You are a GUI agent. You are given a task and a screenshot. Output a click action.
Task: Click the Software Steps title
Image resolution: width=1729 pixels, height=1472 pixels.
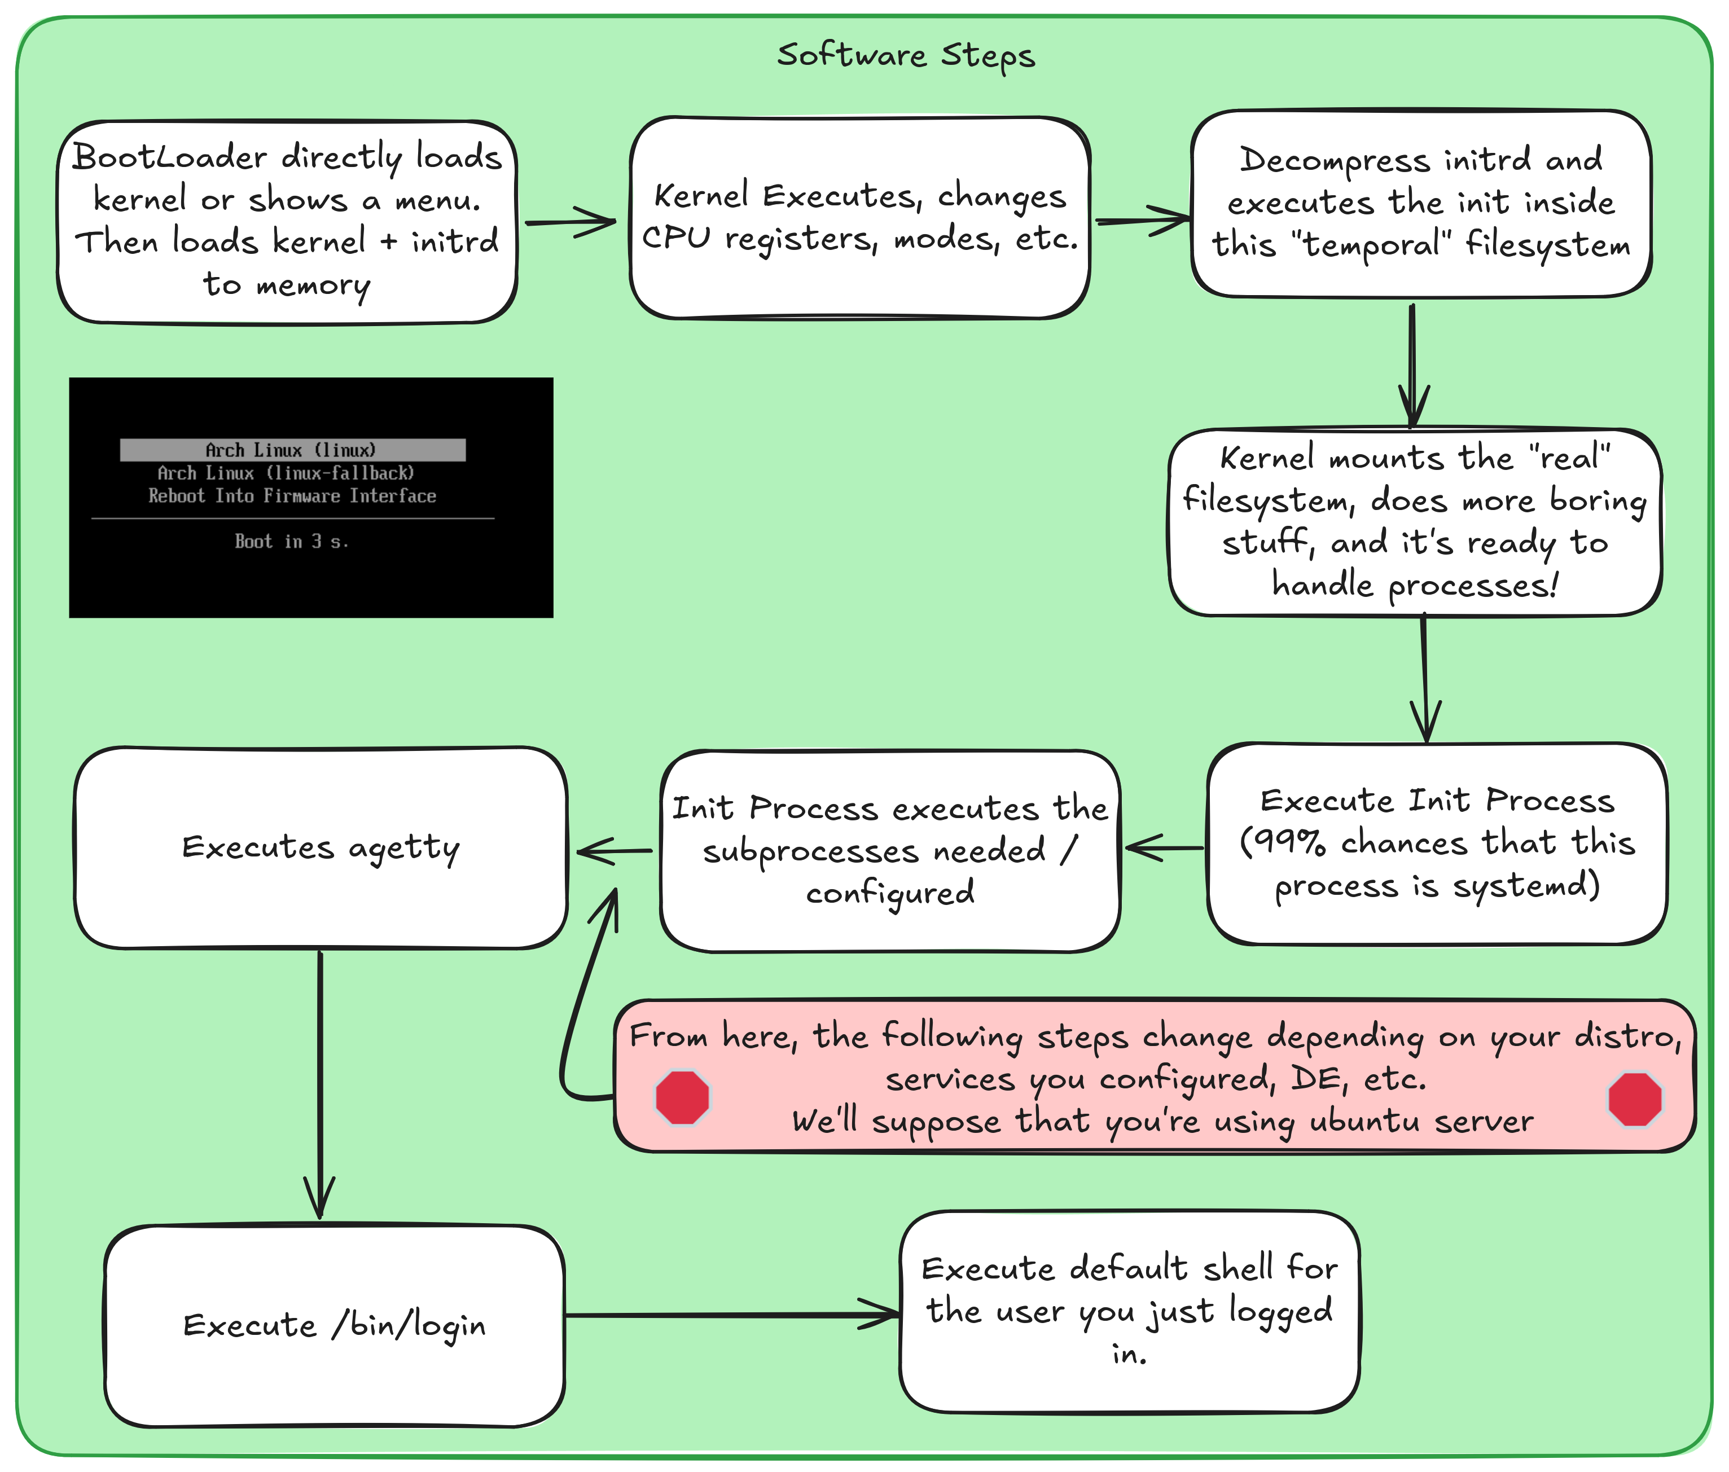pos(905,55)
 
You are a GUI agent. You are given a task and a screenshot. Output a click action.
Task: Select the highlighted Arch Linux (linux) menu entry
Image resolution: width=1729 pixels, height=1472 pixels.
pos(292,450)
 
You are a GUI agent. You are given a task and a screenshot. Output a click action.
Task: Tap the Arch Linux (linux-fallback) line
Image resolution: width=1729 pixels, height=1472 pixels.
pos(286,473)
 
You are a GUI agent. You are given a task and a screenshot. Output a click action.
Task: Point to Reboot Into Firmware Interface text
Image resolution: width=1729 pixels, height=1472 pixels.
pos(292,496)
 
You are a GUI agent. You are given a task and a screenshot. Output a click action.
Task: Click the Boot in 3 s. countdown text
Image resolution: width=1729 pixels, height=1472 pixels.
pos(291,542)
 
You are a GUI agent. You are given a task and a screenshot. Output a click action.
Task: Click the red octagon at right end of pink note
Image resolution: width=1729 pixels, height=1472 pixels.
pos(1635,1100)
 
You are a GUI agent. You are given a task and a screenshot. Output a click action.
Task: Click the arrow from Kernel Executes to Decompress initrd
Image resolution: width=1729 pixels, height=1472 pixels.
pos(1142,221)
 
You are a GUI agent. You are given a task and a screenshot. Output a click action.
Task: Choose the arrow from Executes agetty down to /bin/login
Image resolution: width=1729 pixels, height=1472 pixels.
pos(321,1085)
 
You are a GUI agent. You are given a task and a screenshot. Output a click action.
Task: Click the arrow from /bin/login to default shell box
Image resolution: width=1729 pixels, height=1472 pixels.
pos(730,1316)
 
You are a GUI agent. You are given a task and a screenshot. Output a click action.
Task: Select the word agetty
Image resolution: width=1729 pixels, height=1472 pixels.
pos(404,849)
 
